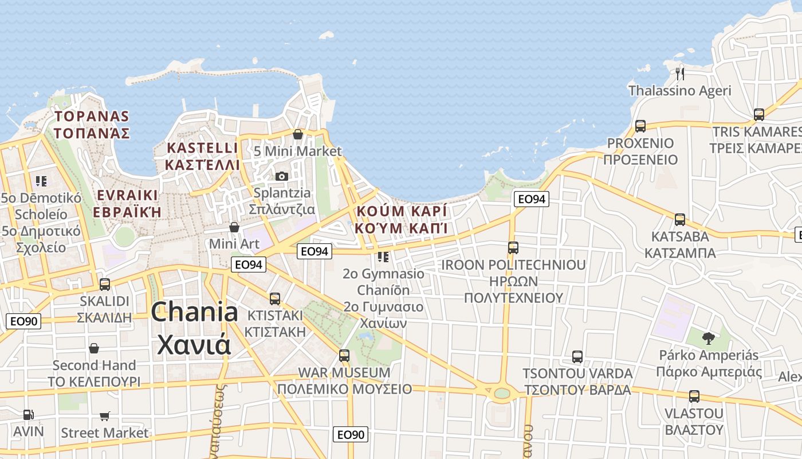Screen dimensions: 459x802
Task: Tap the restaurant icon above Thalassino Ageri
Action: pos(680,73)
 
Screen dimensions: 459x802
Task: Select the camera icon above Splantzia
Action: pos(281,176)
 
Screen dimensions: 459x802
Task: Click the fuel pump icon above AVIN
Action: pos(27,414)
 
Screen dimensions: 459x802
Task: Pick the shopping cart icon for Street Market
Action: pos(104,416)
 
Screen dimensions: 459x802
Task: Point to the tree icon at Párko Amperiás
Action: pos(708,338)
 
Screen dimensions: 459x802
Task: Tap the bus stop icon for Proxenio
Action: pos(640,126)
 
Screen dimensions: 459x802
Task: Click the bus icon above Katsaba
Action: pos(680,219)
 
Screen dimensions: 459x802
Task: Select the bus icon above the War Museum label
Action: pos(344,355)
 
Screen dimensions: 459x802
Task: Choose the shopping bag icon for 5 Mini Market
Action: pos(298,134)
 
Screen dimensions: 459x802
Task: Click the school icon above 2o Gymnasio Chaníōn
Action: pos(383,256)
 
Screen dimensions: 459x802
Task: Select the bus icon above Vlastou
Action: pos(694,396)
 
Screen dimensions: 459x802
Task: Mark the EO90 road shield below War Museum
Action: pos(350,434)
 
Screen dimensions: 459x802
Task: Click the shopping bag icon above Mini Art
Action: pos(234,227)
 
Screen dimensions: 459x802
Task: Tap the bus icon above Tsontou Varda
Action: pos(577,357)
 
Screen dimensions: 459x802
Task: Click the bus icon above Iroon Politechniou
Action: pos(513,248)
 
